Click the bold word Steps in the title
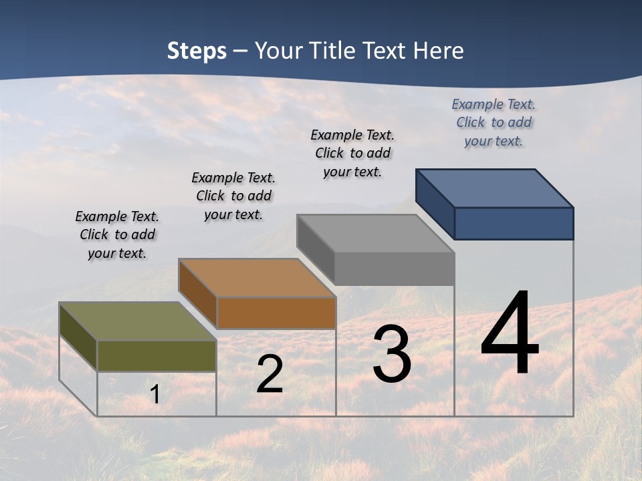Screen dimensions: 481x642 [197, 51]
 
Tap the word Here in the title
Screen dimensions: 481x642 [438, 51]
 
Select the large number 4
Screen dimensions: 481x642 [510, 334]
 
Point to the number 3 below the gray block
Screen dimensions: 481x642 [392, 355]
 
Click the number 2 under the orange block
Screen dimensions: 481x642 [270, 375]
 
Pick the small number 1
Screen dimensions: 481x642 [154, 395]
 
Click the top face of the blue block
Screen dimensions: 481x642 [495, 188]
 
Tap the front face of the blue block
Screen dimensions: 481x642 [514, 223]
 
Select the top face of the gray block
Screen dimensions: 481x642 [376, 233]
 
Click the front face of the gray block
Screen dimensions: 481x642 [395, 269]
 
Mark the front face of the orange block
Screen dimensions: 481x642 [276, 313]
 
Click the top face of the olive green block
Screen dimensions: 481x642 [138, 321]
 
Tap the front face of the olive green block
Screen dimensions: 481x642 [156, 356]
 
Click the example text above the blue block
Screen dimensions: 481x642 [494, 122]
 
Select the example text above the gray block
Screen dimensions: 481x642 [352, 153]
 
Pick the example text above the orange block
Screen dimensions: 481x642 [233, 196]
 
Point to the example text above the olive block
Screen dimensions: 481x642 [117, 234]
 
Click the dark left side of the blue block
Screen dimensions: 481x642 [435, 204]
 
